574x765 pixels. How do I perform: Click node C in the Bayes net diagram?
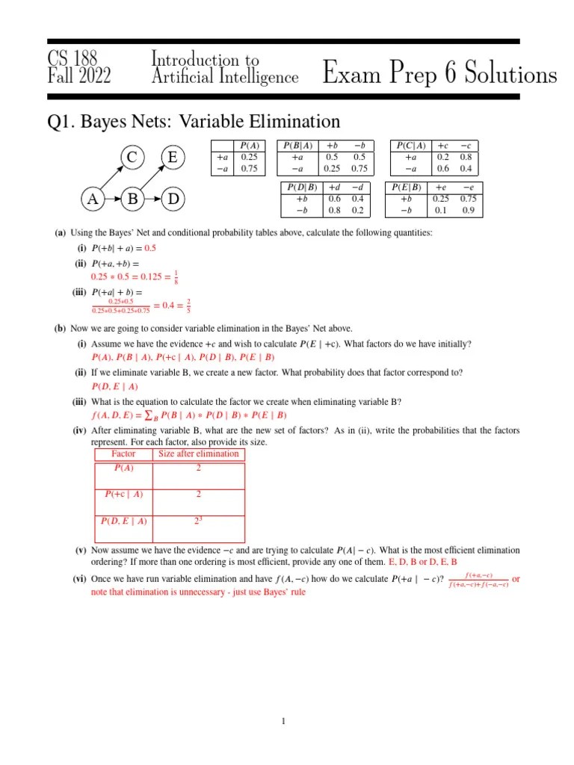pyautogui.click(x=132, y=158)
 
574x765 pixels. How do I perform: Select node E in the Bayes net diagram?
pyautogui.click(x=173, y=158)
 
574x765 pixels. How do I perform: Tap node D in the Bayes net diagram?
pyautogui.click(x=173, y=199)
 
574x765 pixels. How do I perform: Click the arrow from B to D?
pyautogui.click(x=153, y=199)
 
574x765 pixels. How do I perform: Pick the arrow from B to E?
pyautogui.click(x=153, y=179)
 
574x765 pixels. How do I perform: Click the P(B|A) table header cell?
pyautogui.click(x=298, y=146)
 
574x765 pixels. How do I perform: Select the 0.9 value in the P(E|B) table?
pyautogui.click(x=469, y=211)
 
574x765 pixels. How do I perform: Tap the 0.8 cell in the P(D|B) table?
pyautogui.click(x=334, y=211)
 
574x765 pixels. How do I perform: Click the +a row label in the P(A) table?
pyautogui.click(x=222, y=158)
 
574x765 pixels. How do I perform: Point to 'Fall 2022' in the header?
pyautogui.click(x=79, y=76)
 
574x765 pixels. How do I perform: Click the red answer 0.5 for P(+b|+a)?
pyautogui.click(x=150, y=248)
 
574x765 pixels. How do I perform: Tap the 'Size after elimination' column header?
pyautogui.click(x=198, y=453)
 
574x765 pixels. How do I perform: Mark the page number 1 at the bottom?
pyautogui.click(x=284, y=721)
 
